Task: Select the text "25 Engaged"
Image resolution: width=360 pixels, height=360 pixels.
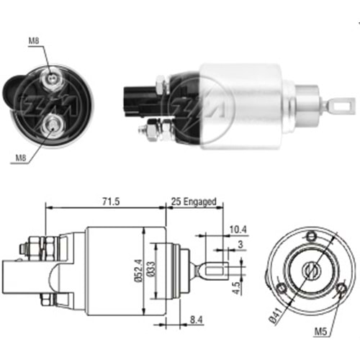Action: pyautogui.click(x=193, y=202)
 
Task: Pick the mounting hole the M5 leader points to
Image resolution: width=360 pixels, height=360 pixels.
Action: pyautogui.click(x=341, y=290)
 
